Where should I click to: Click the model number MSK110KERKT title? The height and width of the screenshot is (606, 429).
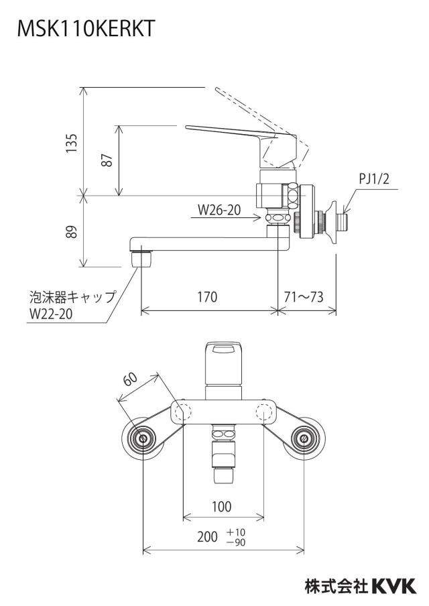[86, 29]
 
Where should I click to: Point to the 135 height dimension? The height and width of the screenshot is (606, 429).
[72, 143]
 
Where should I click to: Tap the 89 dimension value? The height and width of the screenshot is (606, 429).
[72, 231]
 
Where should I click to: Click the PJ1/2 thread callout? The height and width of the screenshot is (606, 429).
[374, 179]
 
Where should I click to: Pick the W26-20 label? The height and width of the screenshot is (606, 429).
[219, 210]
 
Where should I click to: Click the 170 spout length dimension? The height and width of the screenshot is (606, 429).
[208, 297]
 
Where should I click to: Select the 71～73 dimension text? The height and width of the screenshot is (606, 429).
[304, 297]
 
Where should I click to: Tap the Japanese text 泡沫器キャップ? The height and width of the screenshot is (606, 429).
[72, 297]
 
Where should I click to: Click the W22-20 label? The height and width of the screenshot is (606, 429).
[51, 314]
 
